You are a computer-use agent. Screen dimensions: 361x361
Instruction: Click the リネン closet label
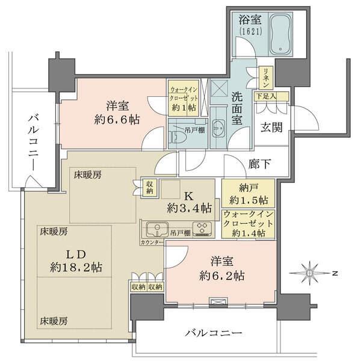(265, 76)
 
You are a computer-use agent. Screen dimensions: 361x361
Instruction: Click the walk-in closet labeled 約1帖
(182, 97)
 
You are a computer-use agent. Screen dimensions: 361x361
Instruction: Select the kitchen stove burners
(203, 230)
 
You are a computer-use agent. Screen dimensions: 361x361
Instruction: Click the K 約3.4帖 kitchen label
(189, 202)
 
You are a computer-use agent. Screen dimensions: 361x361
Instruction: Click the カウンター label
(152, 241)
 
